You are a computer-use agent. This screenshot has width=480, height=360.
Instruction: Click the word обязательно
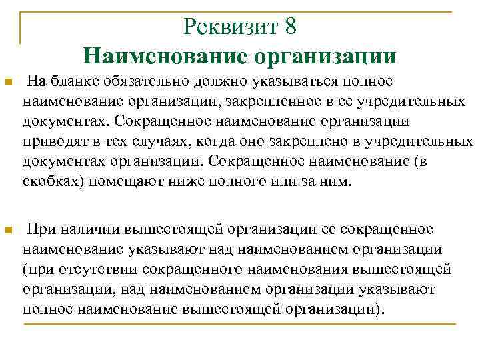tap(142, 81)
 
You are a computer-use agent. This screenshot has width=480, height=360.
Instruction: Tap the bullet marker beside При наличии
tap(8, 231)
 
